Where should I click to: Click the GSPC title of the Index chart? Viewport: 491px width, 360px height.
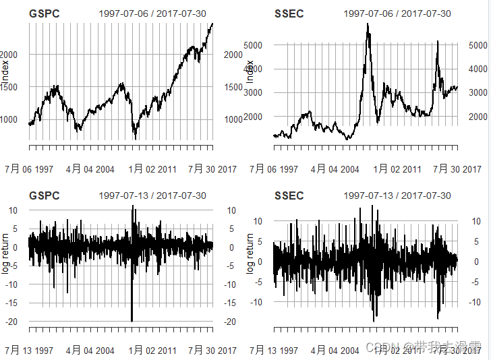tap(45, 13)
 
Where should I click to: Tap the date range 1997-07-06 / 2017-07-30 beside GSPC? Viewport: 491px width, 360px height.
tap(152, 13)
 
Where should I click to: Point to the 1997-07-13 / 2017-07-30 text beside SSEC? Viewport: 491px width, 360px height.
tap(397, 196)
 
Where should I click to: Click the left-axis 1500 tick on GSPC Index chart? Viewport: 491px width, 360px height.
tap(13, 87)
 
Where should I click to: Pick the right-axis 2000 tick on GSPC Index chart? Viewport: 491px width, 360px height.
tap(233, 55)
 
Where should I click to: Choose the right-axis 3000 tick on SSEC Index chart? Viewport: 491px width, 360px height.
tap(478, 92)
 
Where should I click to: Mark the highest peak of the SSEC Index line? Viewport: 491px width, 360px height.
tap(368, 25)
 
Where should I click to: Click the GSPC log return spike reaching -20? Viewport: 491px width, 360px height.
tap(132, 320)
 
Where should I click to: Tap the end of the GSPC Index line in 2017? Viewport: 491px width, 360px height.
tap(212, 24)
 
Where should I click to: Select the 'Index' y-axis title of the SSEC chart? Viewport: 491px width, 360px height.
tap(250, 71)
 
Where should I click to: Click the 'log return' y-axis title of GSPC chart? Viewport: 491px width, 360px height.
tap(5, 255)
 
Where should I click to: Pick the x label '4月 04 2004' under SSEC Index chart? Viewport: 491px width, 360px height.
tap(335, 169)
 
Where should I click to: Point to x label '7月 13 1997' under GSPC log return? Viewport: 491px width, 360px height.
tap(29, 351)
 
